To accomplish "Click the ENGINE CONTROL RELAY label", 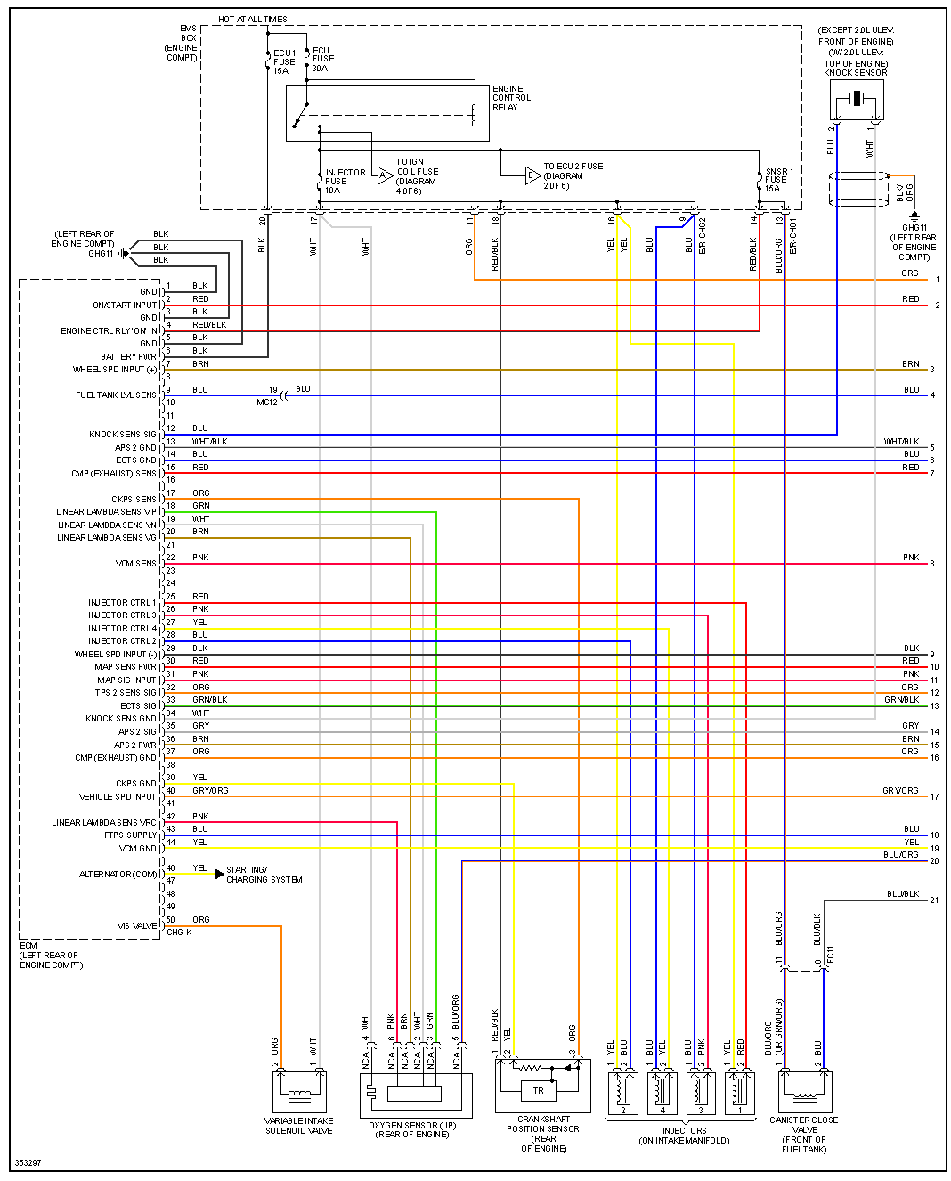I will click(511, 98).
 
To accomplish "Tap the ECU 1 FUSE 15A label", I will click(284, 61).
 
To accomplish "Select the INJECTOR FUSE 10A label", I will click(345, 181).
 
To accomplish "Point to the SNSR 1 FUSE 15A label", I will click(778, 180).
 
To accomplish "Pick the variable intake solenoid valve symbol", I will click(299, 1092).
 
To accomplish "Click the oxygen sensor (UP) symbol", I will click(415, 1095).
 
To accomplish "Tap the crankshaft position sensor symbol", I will click(542, 1085).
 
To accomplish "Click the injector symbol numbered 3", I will click(701, 1091).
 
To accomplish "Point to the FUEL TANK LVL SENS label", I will click(116, 395).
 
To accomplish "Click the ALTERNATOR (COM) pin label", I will click(118, 875).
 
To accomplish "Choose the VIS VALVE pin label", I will click(137, 926).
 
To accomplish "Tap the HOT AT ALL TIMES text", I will click(253, 20).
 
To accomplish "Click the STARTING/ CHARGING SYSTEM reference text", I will click(264, 875).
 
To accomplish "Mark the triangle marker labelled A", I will click(384, 175).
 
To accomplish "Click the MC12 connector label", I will click(266, 403).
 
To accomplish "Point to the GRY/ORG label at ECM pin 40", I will click(210, 791).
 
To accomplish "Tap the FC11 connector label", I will click(831, 955).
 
